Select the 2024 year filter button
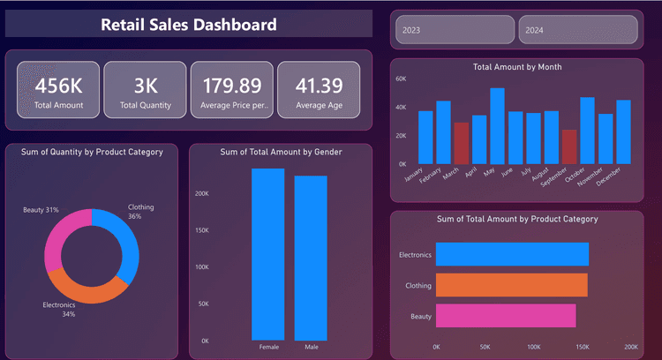pos(576,30)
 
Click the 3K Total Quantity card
pos(145,90)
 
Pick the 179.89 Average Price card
pos(232,90)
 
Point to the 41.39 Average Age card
pos(319,90)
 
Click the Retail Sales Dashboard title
pos(189,25)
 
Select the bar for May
pos(497,125)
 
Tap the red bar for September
pos(568,146)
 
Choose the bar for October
pos(587,131)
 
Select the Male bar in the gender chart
pos(311,258)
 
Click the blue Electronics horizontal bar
pos(512,254)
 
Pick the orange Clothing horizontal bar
pos(511,285)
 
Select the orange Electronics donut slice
pos(83,287)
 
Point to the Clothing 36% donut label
pos(140,212)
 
